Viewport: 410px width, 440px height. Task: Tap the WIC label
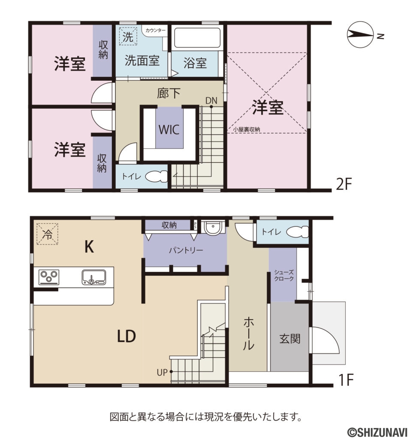pyautogui.click(x=169, y=129)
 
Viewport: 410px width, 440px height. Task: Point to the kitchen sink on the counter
pyautogui.click(x=93, y=277)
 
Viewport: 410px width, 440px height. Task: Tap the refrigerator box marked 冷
pyautogui.click(x=48, y=234)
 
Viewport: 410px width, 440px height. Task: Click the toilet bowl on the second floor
pyautogui.click(x=157, y=176)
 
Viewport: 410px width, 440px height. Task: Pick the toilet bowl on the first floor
pyautogui.click(x=298, y=232)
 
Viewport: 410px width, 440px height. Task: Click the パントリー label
pyautogui.click(x=185, y=250)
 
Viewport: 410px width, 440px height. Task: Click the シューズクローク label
pyautogui.click(x=284, y=275)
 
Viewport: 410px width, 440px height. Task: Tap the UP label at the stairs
pyautogui.click(x=162, y=372)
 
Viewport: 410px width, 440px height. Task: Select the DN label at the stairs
pyautogui.click(x=211, y=100)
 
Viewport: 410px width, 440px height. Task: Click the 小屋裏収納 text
pyautogui.click(x=247, y=129)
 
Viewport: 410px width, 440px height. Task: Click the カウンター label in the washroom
pyautogui.click(x=155, y=30)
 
